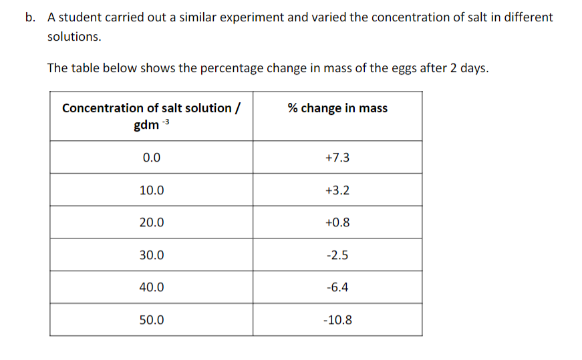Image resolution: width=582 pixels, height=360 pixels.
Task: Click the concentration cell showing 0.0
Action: (151, 158)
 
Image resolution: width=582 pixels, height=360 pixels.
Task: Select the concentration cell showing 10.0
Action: (151, 190)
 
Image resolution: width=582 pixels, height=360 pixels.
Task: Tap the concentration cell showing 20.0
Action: (151, 222)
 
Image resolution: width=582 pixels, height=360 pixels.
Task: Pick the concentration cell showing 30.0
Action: (151, 255)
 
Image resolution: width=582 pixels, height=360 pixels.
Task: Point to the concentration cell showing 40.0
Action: (151, 288)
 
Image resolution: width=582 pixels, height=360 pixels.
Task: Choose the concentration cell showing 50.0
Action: (151, 320)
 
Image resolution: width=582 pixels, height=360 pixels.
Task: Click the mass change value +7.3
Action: (337, 158)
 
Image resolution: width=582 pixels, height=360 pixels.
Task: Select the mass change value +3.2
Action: (337, 190)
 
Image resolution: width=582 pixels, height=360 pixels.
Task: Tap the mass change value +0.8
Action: (337, 222)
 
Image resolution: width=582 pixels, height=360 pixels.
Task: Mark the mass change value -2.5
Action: (337, 255)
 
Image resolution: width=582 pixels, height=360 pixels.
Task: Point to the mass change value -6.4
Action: (337, 288)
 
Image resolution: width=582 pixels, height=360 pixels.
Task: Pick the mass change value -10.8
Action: (337, 320)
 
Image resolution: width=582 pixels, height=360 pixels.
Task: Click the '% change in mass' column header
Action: (337, 108)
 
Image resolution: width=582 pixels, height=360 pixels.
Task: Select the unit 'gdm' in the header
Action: (146, 126)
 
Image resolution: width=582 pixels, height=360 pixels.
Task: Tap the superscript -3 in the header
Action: (166, 122)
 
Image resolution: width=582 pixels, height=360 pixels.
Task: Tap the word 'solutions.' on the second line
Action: (74, 37)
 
